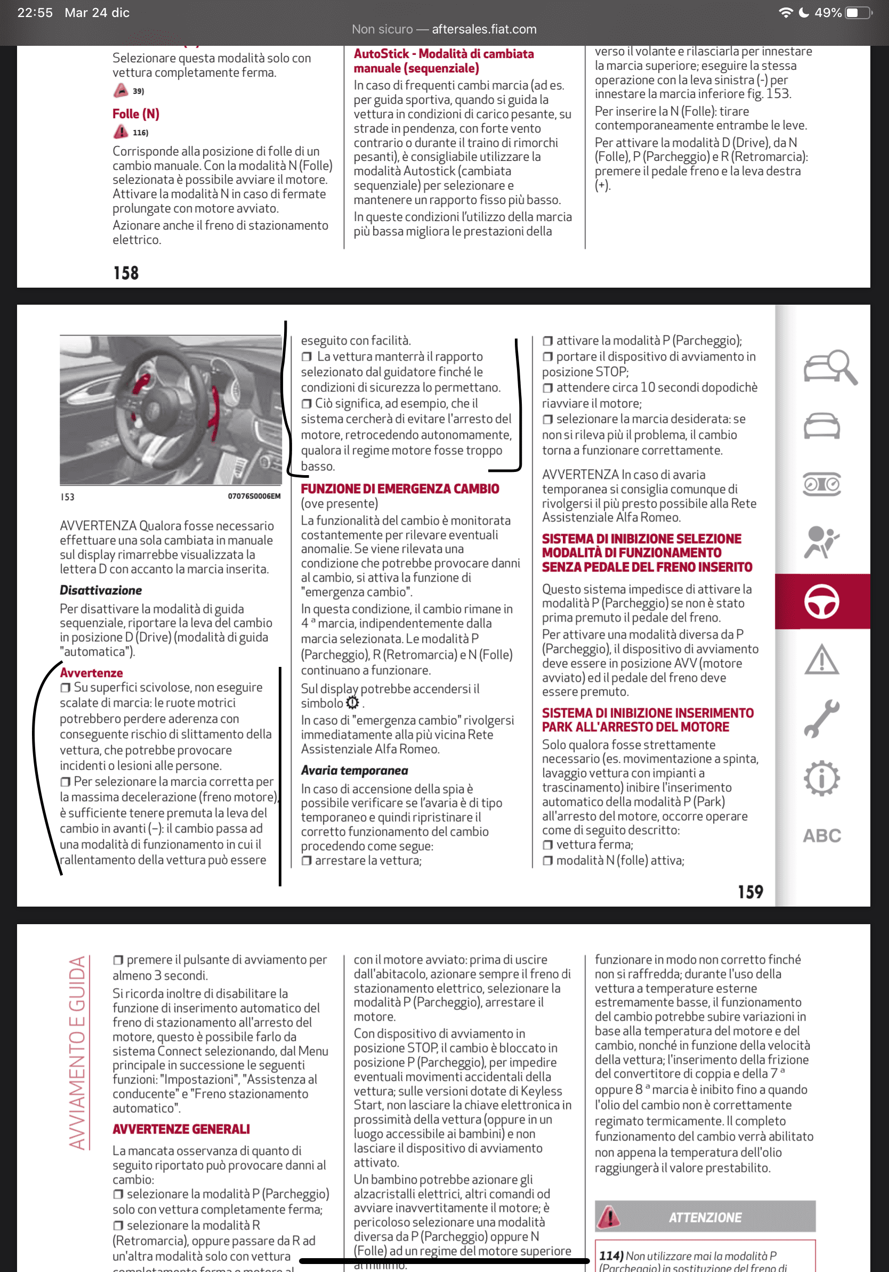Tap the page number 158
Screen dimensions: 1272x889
point(126,273)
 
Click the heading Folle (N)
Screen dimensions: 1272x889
point(136,114)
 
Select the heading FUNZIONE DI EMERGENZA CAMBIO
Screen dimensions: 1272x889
point(400,488)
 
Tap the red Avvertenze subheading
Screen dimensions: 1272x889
point(92,673)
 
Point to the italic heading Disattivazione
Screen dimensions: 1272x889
point(101,590)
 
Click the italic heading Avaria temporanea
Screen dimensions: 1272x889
point(354,770)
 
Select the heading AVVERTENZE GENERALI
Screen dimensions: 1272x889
point(181,1129)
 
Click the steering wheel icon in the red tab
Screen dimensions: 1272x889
point(821,601)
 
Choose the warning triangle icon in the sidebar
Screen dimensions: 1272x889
point(821,660)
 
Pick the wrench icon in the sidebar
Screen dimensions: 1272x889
point(821,719)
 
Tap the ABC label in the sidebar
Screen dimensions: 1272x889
point(821,835)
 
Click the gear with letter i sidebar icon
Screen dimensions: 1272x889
point(821,778)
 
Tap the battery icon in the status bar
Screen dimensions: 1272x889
point(858,13)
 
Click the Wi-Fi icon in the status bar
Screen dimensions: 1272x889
point(786,13)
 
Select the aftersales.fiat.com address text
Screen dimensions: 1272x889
point(484,29)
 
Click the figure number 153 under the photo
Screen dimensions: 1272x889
point(67,497)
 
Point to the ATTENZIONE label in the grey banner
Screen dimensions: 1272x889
point(705,1217)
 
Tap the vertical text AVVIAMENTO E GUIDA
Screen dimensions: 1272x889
point(78,1052)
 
